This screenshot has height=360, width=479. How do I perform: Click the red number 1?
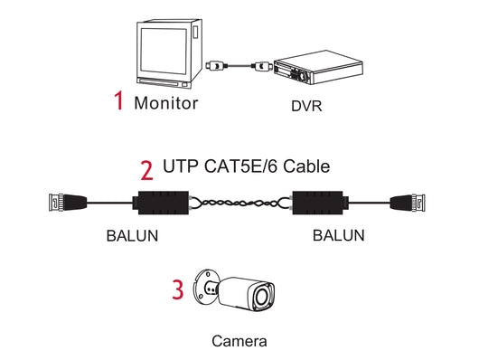coord(119,101)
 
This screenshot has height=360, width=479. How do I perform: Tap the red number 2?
coord(146,168)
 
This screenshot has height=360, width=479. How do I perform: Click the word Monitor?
coord(165,102)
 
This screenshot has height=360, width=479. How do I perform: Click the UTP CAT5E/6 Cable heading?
coord(246,166)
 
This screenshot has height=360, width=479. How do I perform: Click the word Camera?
coord(239,342)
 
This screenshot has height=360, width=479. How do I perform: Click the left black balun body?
coord(161,204)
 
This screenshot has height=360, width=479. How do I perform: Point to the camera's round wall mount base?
coord(207,289)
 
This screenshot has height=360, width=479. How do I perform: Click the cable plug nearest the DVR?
coord(258,65)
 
